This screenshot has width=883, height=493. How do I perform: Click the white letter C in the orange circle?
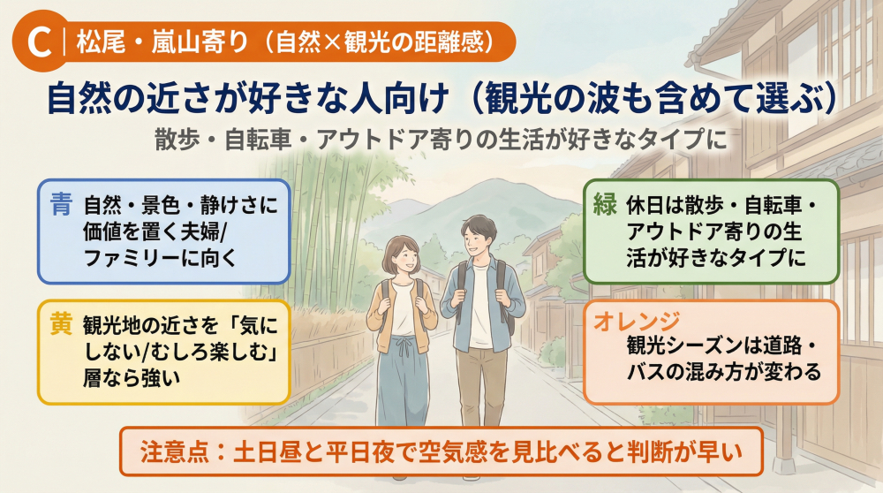(x=36, y=42)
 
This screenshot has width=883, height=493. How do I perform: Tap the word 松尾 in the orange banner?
(x=99, y=42)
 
